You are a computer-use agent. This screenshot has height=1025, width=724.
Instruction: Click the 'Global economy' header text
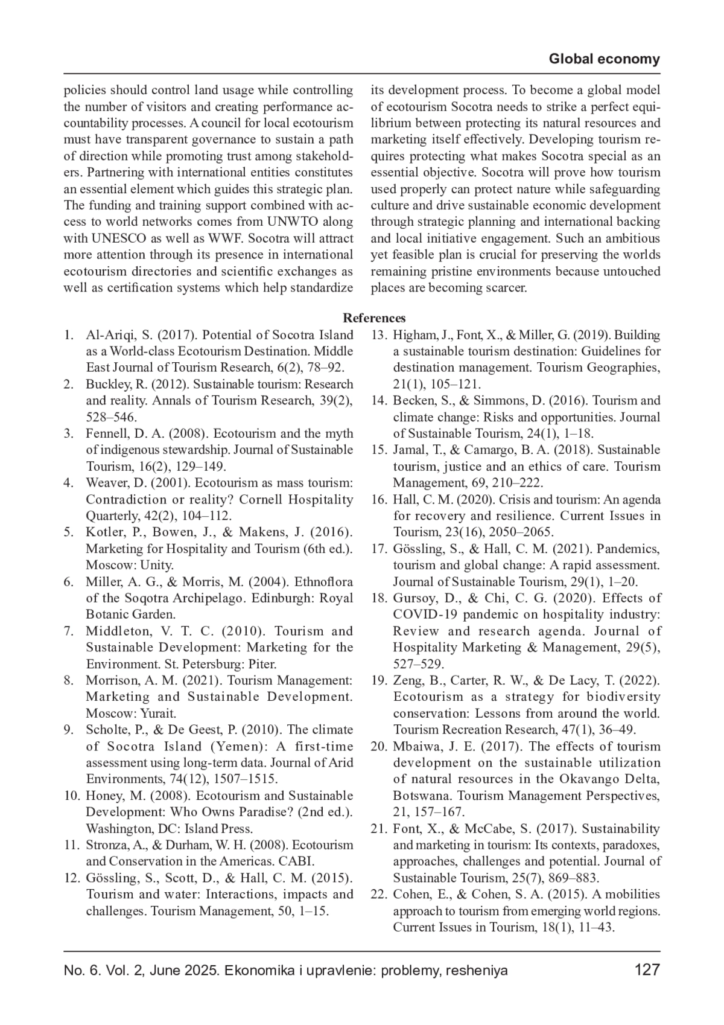(604, 59)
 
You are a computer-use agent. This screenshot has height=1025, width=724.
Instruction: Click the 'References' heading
(374, 318)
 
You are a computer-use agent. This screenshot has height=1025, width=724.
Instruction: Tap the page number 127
(647, 970)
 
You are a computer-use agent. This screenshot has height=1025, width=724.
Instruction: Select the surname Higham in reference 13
(411, 335)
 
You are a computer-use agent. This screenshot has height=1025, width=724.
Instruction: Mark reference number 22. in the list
(379, 895)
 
